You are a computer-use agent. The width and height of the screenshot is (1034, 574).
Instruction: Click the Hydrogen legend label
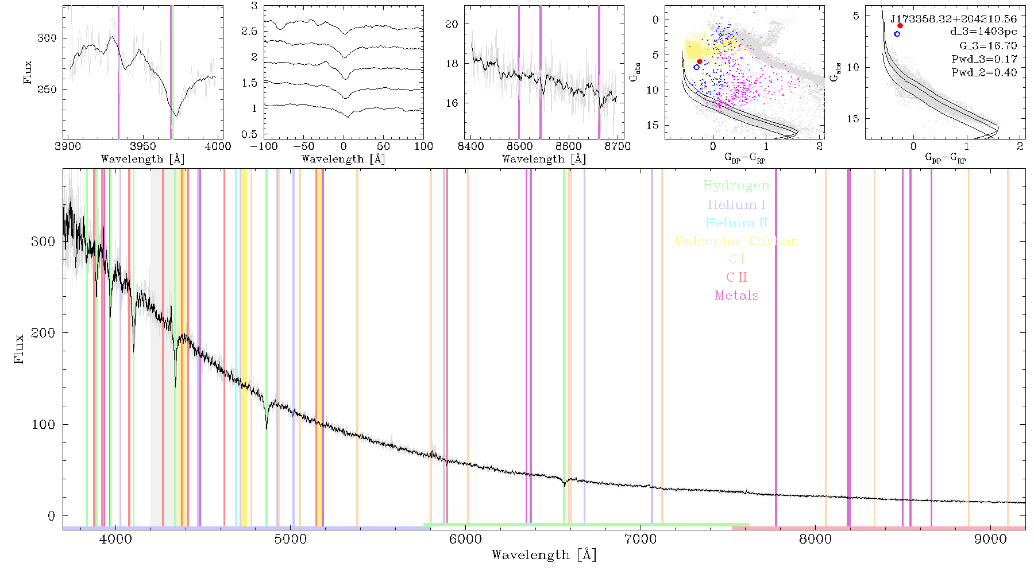736,185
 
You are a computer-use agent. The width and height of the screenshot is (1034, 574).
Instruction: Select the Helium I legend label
736,204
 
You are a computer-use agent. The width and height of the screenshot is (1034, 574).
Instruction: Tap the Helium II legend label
736,223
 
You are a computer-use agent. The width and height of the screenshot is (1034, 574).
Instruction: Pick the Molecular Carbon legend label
736,241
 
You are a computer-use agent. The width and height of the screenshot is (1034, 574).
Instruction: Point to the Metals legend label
737,296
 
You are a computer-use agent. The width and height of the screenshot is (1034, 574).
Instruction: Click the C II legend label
737,277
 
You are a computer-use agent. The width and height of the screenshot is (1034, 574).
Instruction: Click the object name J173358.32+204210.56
954,19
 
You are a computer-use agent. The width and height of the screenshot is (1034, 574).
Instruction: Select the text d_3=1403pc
983,32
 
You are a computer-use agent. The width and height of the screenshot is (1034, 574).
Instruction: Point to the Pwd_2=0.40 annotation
984,72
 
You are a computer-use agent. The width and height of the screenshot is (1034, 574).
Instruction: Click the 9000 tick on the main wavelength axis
990,539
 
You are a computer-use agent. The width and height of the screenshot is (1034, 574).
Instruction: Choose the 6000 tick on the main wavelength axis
465,539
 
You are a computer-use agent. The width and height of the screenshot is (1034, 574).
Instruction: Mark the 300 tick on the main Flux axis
43,241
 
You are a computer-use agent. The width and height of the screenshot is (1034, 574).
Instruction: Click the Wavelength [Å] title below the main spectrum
544,555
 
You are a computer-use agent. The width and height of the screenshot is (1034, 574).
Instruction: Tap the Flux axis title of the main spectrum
20,348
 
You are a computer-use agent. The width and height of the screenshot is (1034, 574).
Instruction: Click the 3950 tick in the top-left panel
142,146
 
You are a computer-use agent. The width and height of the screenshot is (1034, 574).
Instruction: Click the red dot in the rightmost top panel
900,26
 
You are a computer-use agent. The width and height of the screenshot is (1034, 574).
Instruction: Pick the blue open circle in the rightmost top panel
897,34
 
